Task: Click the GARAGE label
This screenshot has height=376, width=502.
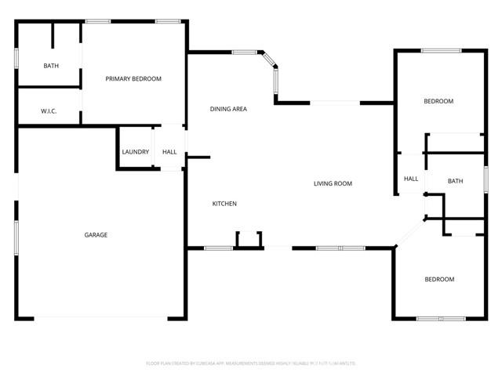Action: click(x=96, y=235)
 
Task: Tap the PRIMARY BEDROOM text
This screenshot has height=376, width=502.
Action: click(x=133, y=79)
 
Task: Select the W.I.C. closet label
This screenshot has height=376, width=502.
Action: click(x=49, y=111)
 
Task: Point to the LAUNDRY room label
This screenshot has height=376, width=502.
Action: click(x=135, y=152)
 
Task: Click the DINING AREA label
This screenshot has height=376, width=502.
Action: click(x=228, y=109)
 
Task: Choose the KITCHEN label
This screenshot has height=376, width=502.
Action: click(x=224, y=204)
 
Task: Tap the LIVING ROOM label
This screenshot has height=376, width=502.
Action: click(x=333, y=184)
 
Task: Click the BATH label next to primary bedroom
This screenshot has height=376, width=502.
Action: click(x=51, y=66)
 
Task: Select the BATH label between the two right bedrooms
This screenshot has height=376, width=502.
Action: click(x=455, y=182)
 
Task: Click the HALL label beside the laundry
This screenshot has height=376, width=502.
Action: click(x=169, y=152)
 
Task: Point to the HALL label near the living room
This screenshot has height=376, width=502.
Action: click(x=411, y=179)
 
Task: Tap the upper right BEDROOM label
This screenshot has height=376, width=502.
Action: click(x=438, y=101)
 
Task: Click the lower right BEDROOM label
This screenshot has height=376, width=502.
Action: click(x=439, y=280)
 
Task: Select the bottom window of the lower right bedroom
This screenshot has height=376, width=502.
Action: click(x=440, y=318)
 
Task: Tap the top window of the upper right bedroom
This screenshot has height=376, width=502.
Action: click(x=441, y=51)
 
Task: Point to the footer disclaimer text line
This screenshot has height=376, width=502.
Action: click(x=251, y=363)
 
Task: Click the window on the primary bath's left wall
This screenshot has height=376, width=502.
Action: click(x=17, y=62)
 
